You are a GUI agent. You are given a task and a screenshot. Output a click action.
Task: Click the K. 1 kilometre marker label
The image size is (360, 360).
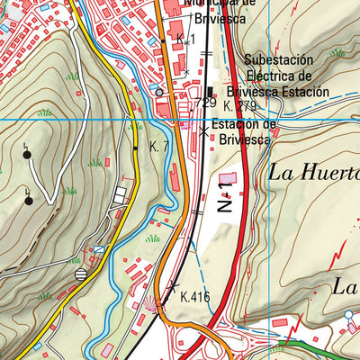pyautogui.click(x=185, y=40)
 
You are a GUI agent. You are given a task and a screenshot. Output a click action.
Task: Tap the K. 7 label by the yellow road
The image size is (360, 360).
pyautogui.click(x=159, y=146)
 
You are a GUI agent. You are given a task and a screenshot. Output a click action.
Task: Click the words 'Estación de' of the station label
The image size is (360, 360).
pyautogui.click(x=243, y=124)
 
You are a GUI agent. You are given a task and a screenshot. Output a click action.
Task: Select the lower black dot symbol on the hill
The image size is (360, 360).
pyautogui.click(x=29, y=199)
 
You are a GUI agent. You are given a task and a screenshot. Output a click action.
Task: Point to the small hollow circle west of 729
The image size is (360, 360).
pyautogui.click(x=159, y=92)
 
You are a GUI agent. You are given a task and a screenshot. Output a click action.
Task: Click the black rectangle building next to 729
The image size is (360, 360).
pyautogui.click(x=211, y=92)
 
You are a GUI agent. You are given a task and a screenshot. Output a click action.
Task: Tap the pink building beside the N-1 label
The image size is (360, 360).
pyautogui.click(x=227, y=177)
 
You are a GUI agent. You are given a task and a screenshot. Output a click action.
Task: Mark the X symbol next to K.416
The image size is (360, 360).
pyautogui.click(x=174, y=286)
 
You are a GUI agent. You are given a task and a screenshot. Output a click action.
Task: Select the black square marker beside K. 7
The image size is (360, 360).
pyautogui.click(x=136, y=148)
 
